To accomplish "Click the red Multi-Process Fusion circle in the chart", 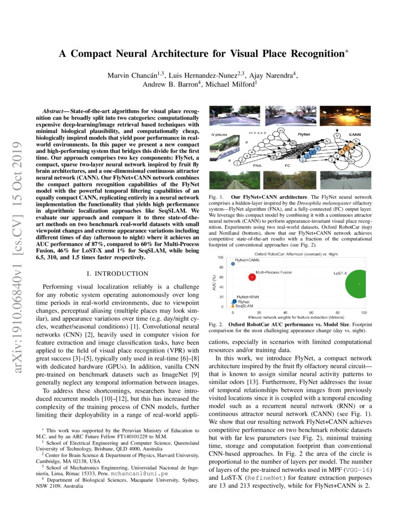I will (252, 277).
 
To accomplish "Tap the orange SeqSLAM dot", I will (233, 306).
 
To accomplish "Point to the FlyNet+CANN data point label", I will (247, 260).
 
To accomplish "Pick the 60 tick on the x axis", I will (312, 312).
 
